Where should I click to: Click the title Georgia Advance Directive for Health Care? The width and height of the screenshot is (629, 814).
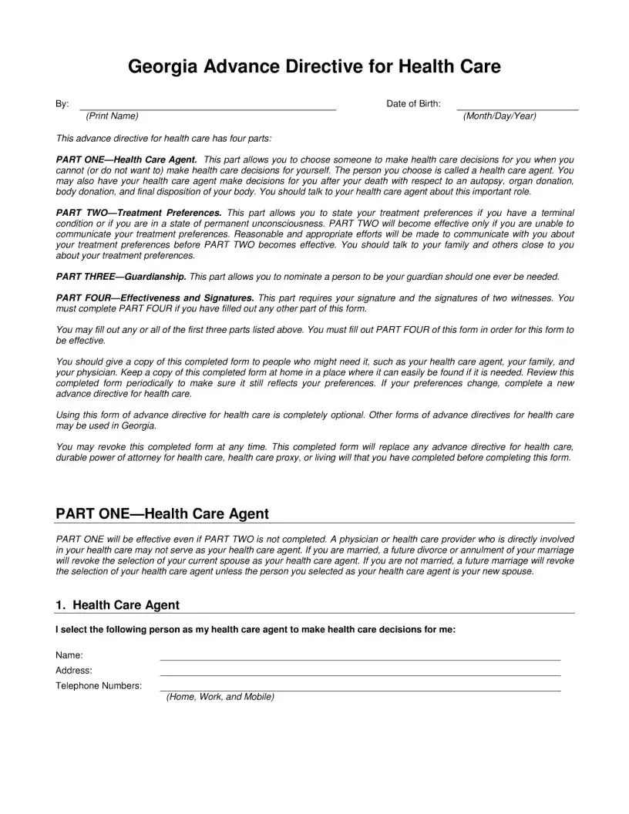(314, 67)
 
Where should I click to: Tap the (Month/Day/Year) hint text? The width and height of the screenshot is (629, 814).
(499, 116)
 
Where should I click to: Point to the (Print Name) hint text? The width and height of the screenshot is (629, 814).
(113, 116)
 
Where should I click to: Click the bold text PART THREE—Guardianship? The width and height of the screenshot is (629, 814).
(121, 276)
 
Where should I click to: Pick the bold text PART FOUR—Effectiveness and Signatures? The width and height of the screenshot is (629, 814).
(155, 298)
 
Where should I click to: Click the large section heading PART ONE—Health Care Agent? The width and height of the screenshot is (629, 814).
(162, 513)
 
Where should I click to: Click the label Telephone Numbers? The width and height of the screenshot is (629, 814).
(99, 686)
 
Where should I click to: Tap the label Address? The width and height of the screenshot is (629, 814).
(74, 671)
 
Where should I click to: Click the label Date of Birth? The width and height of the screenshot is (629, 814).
(413, 104)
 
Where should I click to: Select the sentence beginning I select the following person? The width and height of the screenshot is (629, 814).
(255, 630)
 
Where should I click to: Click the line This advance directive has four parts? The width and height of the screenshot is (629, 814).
(163, 139)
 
